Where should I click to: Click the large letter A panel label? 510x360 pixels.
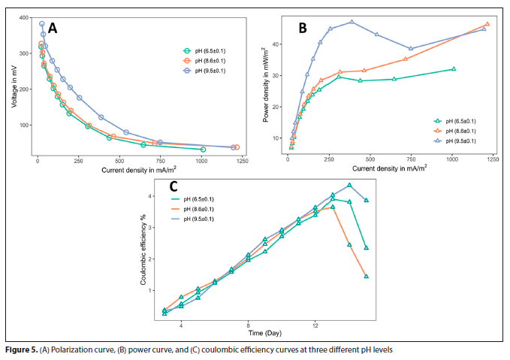coord(54,29)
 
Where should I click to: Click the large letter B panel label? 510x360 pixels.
coord(302,28)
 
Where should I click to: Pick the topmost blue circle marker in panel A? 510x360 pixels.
coord(42,24)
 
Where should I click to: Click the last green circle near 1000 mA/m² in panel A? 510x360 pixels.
coord(203,150)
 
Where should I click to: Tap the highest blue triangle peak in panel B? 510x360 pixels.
coord(352,22)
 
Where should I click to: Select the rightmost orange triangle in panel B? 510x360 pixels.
coord(487,24)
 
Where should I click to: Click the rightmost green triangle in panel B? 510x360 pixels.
coord(454,69)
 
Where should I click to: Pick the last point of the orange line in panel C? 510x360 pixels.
coord(367,277)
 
